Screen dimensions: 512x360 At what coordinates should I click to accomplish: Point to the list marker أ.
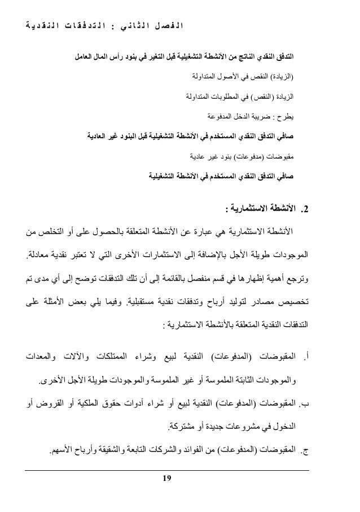(337, 357)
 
